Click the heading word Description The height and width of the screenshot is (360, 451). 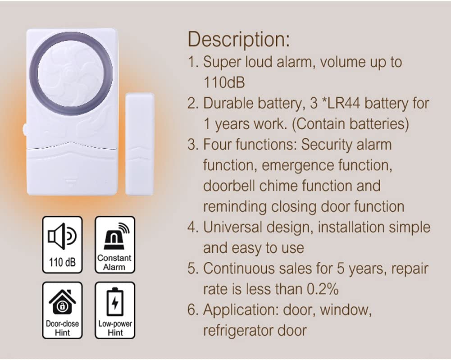click(239, 39)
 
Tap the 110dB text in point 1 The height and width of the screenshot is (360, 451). click(224, 82)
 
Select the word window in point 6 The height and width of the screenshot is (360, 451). click(346, 310)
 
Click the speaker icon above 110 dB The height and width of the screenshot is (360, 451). click(62, 236)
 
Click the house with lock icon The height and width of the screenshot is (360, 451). click(63, 301)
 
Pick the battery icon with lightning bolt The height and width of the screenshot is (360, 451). click(115, 301)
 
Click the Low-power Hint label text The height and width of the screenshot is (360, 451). click(115, 328)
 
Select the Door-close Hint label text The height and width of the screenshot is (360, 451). click(63, 328)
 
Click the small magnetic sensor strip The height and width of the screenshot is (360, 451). click(140, 144)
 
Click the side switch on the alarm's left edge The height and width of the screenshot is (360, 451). click(25, 130)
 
